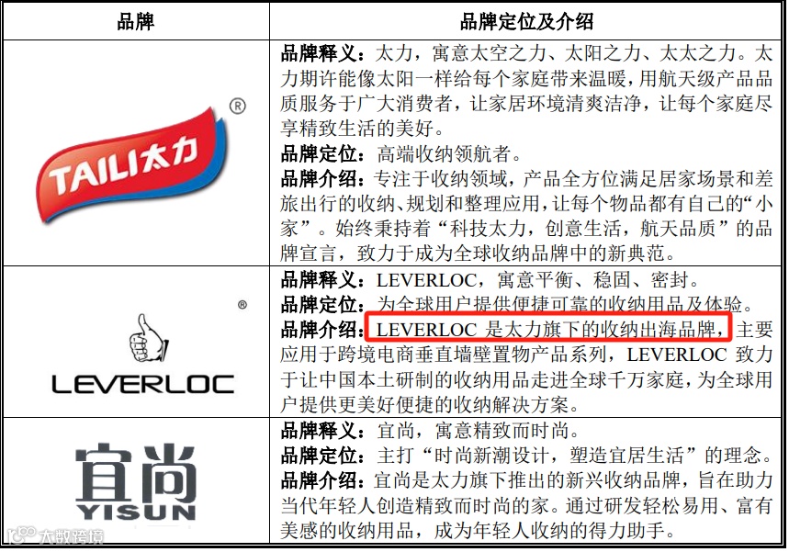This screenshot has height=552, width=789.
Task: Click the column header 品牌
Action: tap(136, 21)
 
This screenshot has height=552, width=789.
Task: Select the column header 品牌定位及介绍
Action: tap(526, 21)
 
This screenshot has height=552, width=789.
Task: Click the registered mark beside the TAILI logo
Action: tap(237, 107)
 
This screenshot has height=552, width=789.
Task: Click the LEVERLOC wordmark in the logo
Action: tap(142, 384)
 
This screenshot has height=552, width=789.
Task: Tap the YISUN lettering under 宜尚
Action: tap(135, 511)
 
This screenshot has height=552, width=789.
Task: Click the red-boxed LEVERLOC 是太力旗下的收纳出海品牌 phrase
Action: tap(548, 328)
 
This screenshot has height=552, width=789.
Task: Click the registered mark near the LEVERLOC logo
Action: tap(242, 304)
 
